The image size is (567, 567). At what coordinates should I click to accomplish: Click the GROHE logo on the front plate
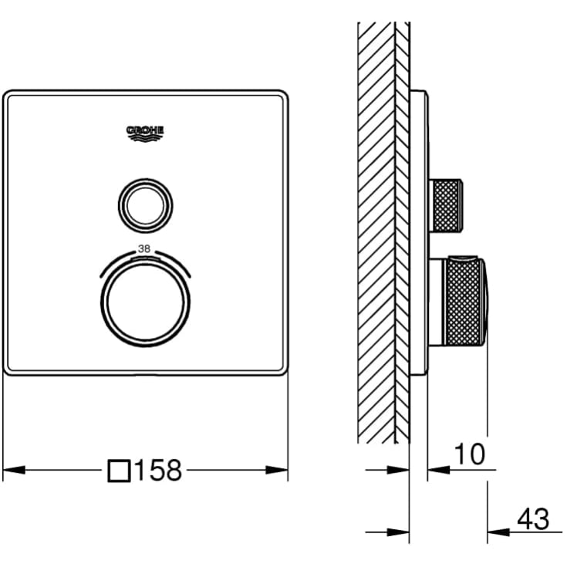click(145, 133)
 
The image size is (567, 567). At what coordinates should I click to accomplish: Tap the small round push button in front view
click(145, 205)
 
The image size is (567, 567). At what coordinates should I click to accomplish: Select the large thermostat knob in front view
click(145, 302)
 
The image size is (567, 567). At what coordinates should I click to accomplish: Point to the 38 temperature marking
click(144, 248)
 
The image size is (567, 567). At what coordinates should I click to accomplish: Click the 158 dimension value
click(158, 470)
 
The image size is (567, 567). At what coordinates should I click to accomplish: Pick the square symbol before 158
click(119, 471)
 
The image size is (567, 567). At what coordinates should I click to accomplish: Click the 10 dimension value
click(469, 454)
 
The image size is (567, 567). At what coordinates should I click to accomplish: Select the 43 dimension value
click(533, 519)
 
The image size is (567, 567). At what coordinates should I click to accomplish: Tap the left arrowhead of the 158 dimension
click(14, 470)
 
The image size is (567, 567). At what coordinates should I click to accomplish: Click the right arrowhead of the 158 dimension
click(277, 470)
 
